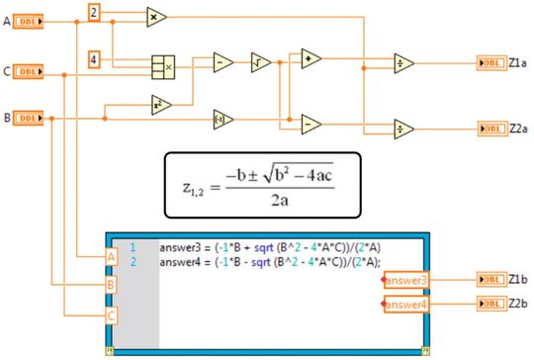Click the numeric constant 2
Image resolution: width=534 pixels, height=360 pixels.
94,13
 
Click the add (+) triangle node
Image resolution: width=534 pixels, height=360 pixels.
311,58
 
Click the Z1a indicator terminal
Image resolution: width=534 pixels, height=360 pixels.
491,62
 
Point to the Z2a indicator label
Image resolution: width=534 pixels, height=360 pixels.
518,128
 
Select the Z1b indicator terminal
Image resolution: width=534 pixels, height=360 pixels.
491,280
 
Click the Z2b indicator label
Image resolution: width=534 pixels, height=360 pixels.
518,304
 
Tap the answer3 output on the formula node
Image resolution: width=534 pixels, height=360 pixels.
406,281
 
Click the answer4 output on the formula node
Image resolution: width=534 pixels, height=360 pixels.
406,305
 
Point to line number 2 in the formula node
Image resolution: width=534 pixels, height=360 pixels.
132,261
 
